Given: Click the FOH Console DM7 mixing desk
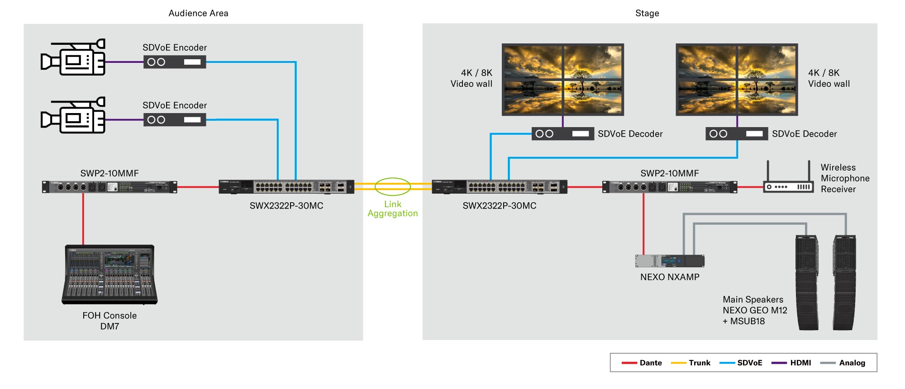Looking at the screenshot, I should tap(110, 275).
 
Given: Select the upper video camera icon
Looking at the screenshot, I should tap(73, 57).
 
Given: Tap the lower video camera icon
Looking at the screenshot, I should tap(73, 115).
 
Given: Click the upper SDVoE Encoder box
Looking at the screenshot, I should tap(175, 62).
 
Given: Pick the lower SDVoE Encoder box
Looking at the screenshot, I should tap(175, 120).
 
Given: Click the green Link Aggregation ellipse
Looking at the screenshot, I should tap(393, 186).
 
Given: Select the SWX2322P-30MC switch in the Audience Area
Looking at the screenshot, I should tap(286, 186).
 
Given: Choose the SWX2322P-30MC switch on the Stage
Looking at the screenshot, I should tap(500, 186).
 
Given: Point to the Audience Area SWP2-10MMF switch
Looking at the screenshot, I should tap(110, 187).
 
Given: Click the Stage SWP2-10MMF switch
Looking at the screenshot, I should tap(670, 187).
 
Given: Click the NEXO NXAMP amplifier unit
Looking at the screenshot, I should tap(670, 261).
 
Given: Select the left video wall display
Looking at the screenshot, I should tap(563, 80).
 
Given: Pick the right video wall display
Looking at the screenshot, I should tap(737, 80).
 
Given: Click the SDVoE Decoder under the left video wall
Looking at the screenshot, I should tap(562, 134).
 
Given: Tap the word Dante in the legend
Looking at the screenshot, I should tap(651, 363).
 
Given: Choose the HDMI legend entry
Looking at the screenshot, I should tap(800, 363).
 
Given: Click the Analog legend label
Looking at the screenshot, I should tap(852, 363).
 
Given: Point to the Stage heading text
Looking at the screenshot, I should tap(647, 13).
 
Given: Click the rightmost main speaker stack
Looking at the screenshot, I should tap(844, 283).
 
